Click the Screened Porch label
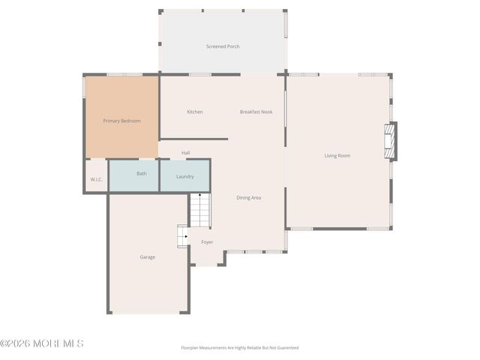click(223, 46)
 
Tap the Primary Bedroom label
click(121, 121)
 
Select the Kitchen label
click(195, 112)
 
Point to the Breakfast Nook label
click(256, 112)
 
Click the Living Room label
click(337, 156)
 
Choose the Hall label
click(185, 153)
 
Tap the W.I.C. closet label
click(96, 179)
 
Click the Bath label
click(142, 173)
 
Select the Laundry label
click(184, 177)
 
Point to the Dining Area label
click(248, 197)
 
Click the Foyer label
click(207, 242)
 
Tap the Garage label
click(148, 257)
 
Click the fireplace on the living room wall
click(389, 141)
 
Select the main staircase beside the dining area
click(199, 211)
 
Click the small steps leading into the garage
click(182, 235)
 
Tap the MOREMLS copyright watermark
click(42, 343)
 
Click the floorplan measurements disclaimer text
click(239, 348)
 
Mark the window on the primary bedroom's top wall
click(124, 74)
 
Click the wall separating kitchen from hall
click(193, 139)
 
